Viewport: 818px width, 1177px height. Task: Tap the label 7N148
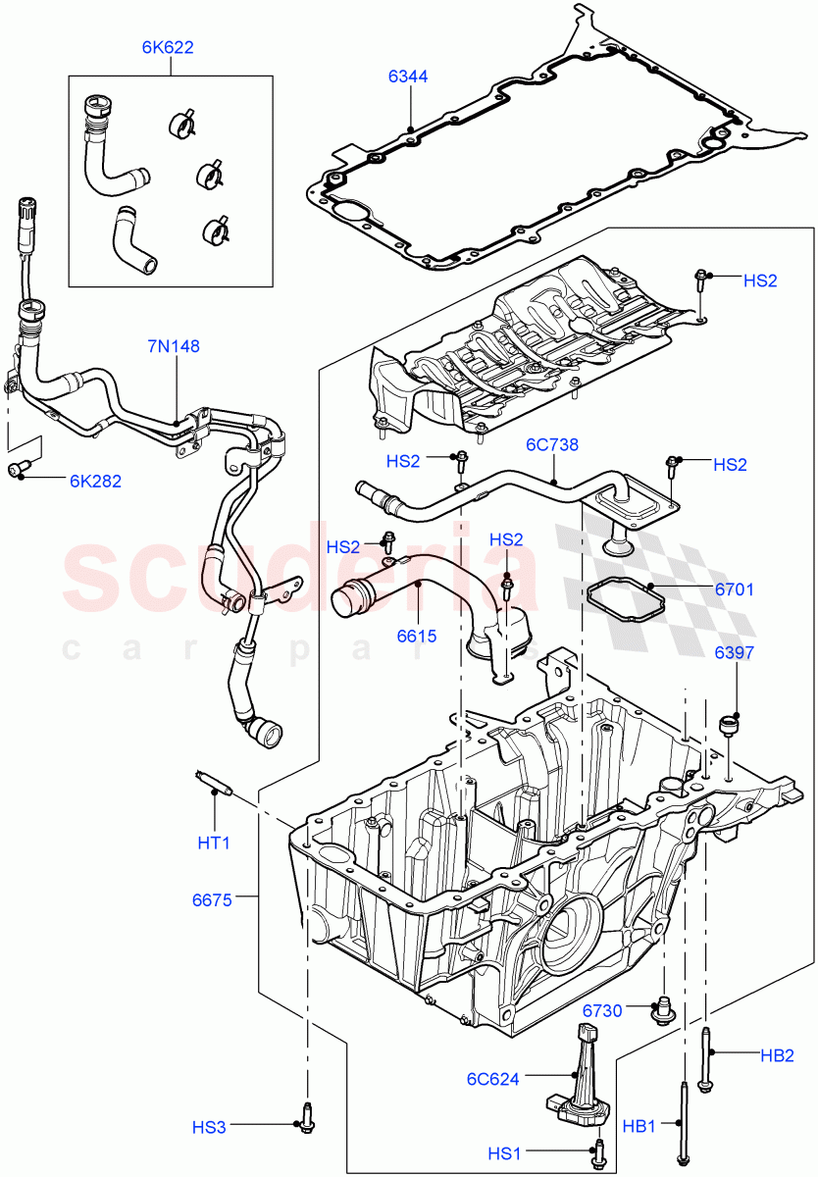pyautogui.click(x=174, y=345)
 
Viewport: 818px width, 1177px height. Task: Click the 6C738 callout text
pyautogui.click(x=552, y=444)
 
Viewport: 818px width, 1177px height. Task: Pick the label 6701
pyautogui.click(x=734, y=589)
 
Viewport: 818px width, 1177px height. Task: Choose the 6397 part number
pyautogui.click(x=734, y=652)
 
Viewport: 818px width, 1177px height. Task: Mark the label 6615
pyautogui.click(x=417, y=636)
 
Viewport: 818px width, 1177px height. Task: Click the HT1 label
pyautogui.click(x=215, y=842)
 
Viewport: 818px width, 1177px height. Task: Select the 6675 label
pyautogui.click(x=213, y=898)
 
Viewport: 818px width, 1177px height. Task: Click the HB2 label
pyautogui.click(x=776, y=1055)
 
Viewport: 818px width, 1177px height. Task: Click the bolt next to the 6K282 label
pyautogui.click(x=21, y=472)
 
